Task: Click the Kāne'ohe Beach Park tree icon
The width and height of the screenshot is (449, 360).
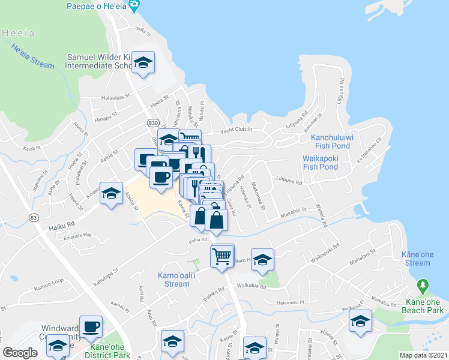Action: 423,284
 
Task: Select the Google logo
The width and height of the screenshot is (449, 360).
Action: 20,353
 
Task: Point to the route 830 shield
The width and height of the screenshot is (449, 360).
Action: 153,122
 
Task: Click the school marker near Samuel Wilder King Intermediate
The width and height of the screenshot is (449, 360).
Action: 143,63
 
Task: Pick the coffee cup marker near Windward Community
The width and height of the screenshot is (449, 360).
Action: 91,327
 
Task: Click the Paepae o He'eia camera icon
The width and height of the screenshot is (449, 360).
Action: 134,6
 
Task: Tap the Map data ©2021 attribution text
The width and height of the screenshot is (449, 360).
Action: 423,355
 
